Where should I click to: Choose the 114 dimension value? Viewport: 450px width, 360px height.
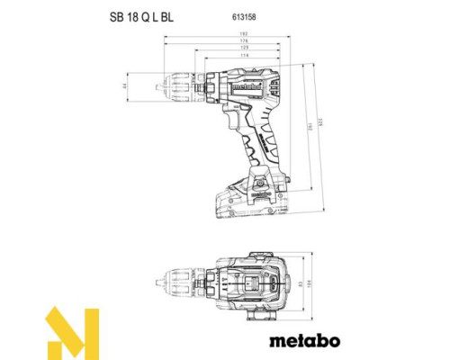coord(227,56)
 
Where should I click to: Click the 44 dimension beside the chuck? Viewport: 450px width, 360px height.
coord(150,87)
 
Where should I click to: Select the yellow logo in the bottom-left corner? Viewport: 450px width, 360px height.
coord(69,333)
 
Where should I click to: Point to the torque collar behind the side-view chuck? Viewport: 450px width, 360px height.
coord(211,85)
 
